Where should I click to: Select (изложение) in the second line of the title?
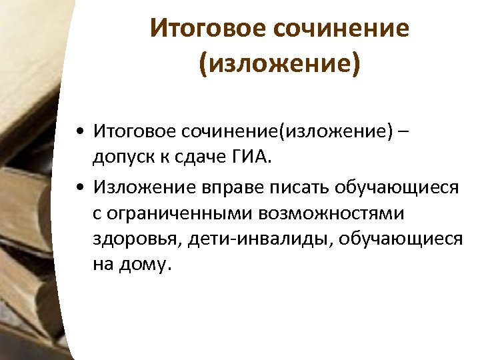279,64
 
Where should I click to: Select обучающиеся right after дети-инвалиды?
401,239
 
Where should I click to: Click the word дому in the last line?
147,265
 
